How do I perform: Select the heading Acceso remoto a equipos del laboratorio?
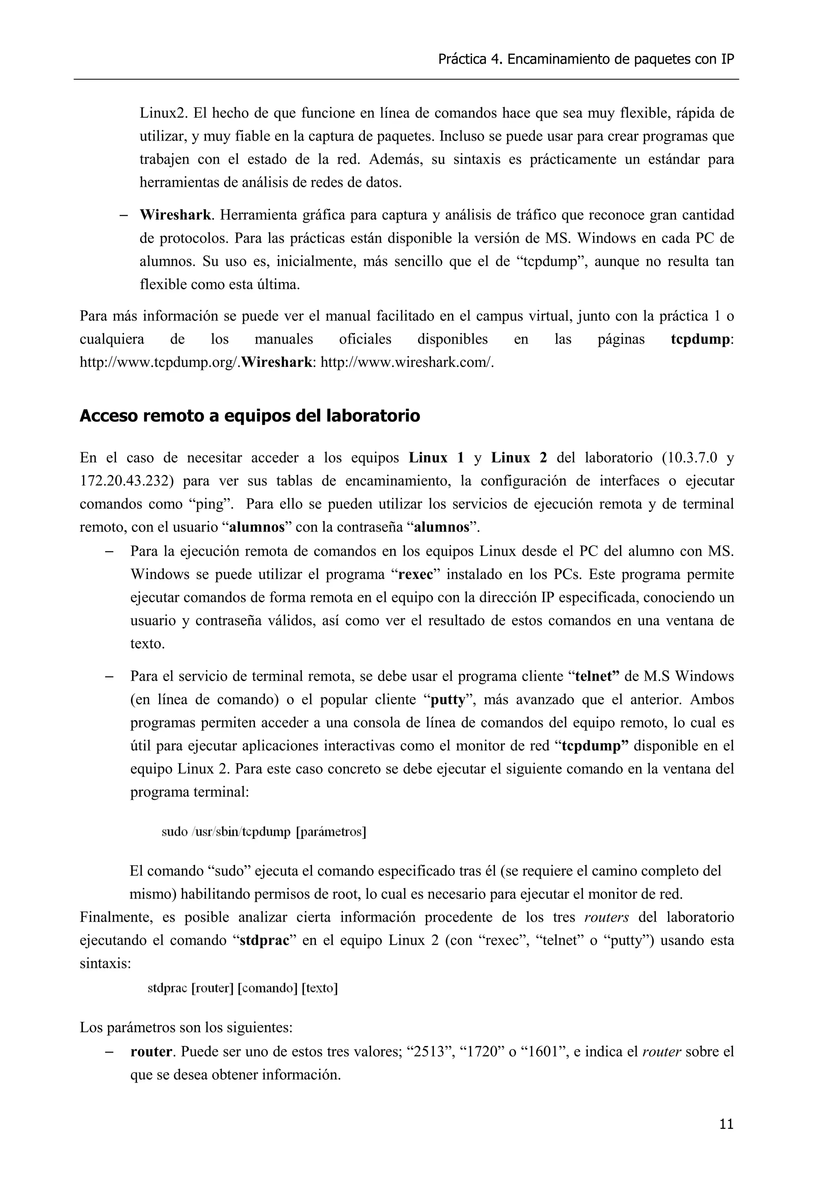pos(250,416)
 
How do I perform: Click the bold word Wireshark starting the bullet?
pos(175,215)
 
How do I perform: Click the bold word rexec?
pos(416,574)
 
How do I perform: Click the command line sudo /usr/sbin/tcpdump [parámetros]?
pos(264,832)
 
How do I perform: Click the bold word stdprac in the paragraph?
pos(264,940)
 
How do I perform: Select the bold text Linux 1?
pos(436,458)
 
